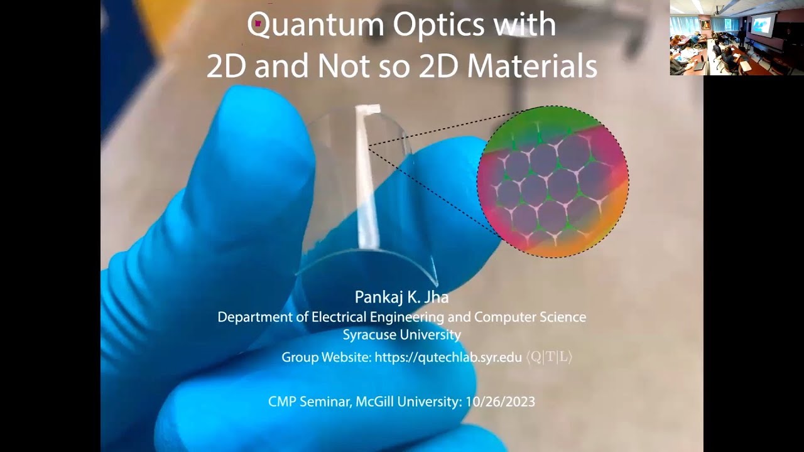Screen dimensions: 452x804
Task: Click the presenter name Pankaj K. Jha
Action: [402, 297]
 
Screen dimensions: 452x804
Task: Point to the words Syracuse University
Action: [402, 335]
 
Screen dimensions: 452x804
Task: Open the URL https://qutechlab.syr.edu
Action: [448, 357]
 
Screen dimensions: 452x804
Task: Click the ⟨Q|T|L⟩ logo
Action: [549, 357]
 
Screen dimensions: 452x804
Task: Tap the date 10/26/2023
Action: [501, 401]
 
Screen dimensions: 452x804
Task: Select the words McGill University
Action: [406, 401]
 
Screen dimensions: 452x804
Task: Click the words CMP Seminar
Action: [308, 401]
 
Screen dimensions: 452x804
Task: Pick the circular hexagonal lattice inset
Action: [553, 181]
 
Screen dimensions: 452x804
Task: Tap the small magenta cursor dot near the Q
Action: [258, 23]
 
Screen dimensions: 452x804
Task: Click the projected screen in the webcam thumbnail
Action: [761, 26]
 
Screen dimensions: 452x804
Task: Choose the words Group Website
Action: [326, 357]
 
